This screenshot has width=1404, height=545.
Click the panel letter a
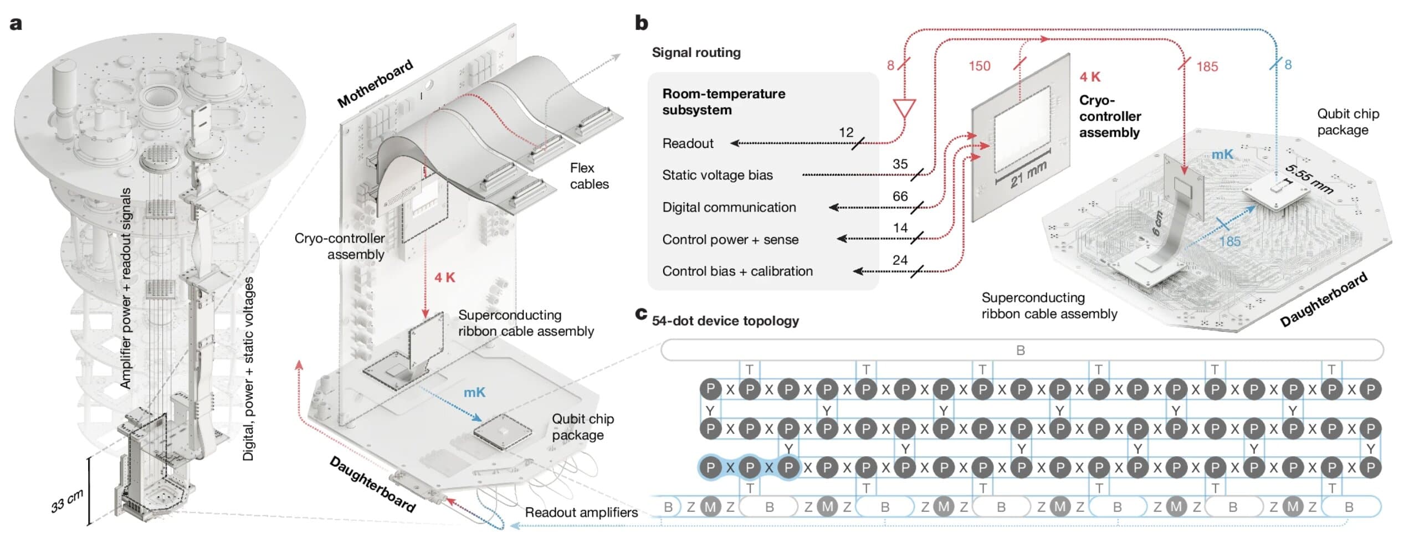click(16, 24)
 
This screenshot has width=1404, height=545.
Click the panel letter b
click(642, 23)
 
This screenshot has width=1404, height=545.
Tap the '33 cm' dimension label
click(68, 500)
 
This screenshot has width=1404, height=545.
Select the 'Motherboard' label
click(376, 84)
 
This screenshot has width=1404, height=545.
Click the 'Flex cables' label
click(590, 176)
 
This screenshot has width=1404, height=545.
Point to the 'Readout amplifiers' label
click(581, 512)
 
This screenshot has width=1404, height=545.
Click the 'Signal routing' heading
click(696, 53)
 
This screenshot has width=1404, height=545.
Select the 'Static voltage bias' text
click(718, 175)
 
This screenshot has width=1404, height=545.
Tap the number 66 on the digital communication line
click(900, 196)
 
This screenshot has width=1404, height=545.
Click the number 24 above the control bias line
click(900, 260)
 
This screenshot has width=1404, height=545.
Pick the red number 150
click(979, 66)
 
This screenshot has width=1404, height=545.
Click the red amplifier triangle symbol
click(904, 109)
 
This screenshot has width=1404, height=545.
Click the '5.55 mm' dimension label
click(1309, 179)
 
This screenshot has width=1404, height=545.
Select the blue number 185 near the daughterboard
click(1229, 241)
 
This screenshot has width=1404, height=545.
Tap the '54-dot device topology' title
click(725, 321)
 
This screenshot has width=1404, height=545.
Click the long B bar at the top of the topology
click(1022, 350)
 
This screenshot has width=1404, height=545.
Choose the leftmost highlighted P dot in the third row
click(710, 467)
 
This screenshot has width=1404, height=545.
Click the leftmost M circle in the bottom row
click(710, 506)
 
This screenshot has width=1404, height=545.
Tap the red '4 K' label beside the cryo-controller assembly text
click(1090, 77)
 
